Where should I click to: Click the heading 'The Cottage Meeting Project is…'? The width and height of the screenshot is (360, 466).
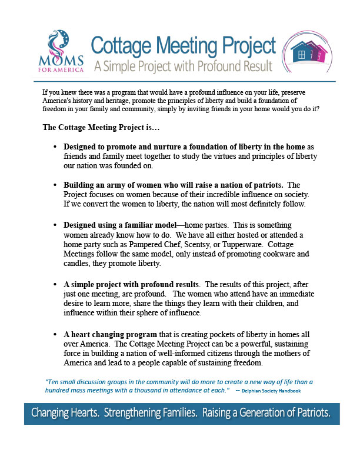pyautogui.click(x=94, y=127)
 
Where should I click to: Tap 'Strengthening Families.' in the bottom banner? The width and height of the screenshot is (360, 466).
pyautogui.click(x=150, y=413)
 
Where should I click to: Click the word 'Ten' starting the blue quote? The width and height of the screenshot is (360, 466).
pyautogui.click(x=52, y=382)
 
